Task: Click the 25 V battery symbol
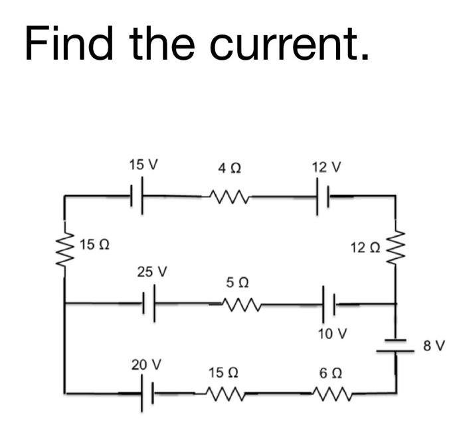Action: click(x=150, y=304)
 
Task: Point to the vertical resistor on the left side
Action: click(x=65, y=250)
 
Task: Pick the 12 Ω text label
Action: click(x=365, y=247)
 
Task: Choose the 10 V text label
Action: click(x=331, y=333)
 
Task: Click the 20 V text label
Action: click(x=146, y=364)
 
